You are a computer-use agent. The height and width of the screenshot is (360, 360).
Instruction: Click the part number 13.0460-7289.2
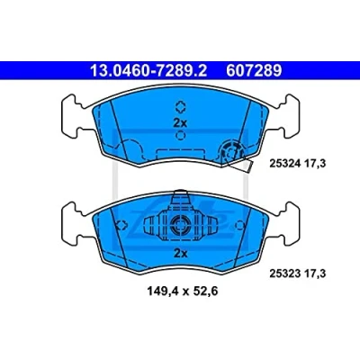pyautogui.click(x=148, y=71)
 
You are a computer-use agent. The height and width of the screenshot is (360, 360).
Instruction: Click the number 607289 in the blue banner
pyautogui.click(x=254, y=71)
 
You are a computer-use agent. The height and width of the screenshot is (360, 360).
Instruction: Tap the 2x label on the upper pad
pyautogui.click(x=180, y=122)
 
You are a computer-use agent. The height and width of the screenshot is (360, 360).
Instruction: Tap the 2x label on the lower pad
pyautogui.click(x=180, y=254)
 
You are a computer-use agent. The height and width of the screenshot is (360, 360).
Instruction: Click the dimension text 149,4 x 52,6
pyautogui.click(x=182, y=291)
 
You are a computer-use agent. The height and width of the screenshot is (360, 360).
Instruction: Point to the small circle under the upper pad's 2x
pyautogui.click(x=180, y=136)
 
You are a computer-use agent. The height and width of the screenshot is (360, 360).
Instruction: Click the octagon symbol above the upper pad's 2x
pyautogui.click(x=180, y=106)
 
